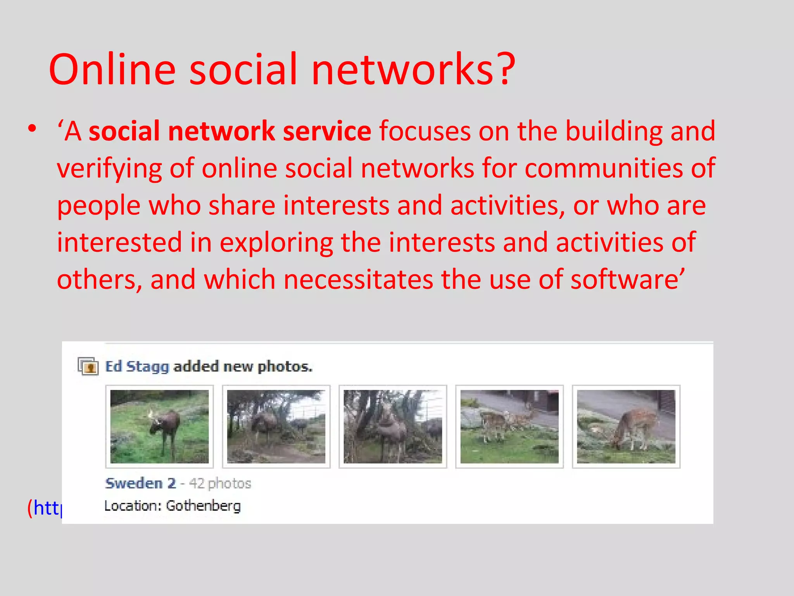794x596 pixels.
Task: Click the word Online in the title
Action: tap(112, 70)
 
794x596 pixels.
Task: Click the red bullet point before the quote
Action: tap(33, 128)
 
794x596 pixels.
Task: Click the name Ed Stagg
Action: tap(137, 367)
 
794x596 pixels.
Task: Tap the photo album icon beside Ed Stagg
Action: tap(88, 366)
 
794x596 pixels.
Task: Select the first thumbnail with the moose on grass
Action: tap(159, 426)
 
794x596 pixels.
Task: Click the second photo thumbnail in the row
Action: tap(276, 426)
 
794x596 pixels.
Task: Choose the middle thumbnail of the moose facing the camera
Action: tap(393, 426)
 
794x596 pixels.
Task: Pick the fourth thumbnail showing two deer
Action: tap(509, 426)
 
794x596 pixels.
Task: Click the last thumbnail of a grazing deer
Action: tap(626, 426)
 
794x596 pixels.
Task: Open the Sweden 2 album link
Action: tap(140, 483)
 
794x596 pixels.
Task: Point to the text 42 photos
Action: tap(220, 483)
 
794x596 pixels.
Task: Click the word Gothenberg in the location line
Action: tap(203, 506)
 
